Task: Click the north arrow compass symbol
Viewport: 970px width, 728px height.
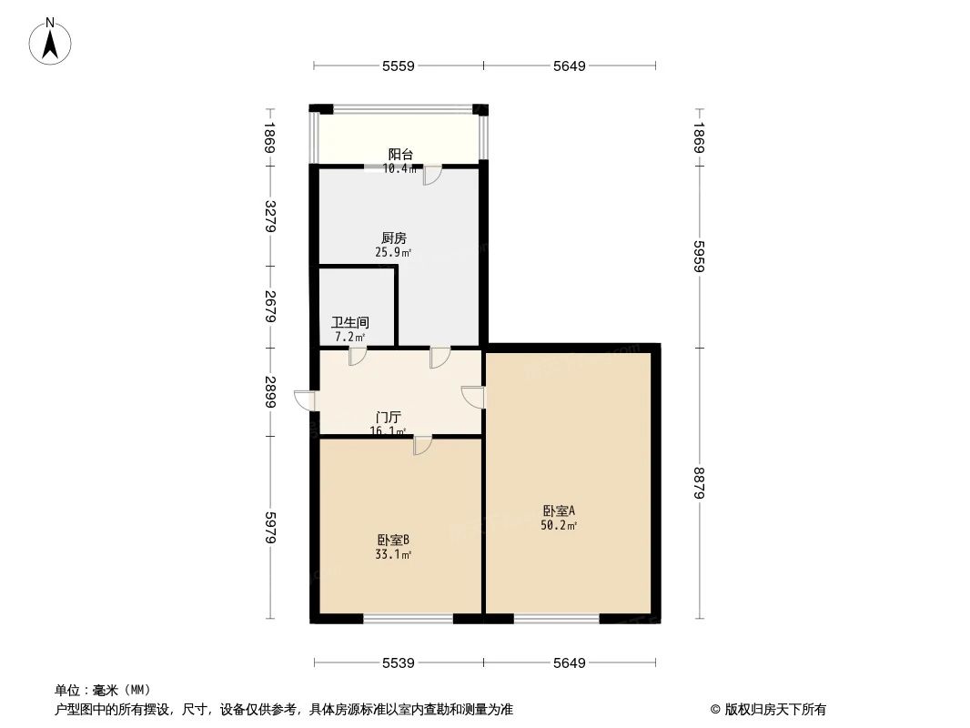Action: click(51, 41)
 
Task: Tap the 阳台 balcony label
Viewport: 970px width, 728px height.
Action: click(400, 155)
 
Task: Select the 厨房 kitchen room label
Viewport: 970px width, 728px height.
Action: click(394, 238)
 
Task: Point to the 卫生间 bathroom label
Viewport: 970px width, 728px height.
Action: click(350, 322)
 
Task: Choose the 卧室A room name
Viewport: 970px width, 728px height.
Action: click(559, 511)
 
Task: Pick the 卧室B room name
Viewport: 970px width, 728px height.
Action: click(394, 539)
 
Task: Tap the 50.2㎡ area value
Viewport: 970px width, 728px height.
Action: click(559, 525)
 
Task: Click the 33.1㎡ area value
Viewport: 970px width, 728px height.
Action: click(394, 553)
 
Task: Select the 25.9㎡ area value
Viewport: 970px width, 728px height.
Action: click(394, 252)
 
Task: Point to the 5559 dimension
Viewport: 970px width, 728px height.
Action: click(399, 66)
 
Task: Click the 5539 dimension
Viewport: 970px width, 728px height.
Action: click(399, 663)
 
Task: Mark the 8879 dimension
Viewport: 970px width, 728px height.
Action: click(699, 482)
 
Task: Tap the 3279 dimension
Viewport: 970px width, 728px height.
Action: click(269, 217)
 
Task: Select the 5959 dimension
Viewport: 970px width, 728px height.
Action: click(699, 256)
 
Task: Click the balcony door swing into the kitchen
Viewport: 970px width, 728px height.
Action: click(431, 175)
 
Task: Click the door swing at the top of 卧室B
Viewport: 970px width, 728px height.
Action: click(422, 445)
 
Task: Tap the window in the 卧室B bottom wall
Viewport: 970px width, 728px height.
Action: click(408, 620)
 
